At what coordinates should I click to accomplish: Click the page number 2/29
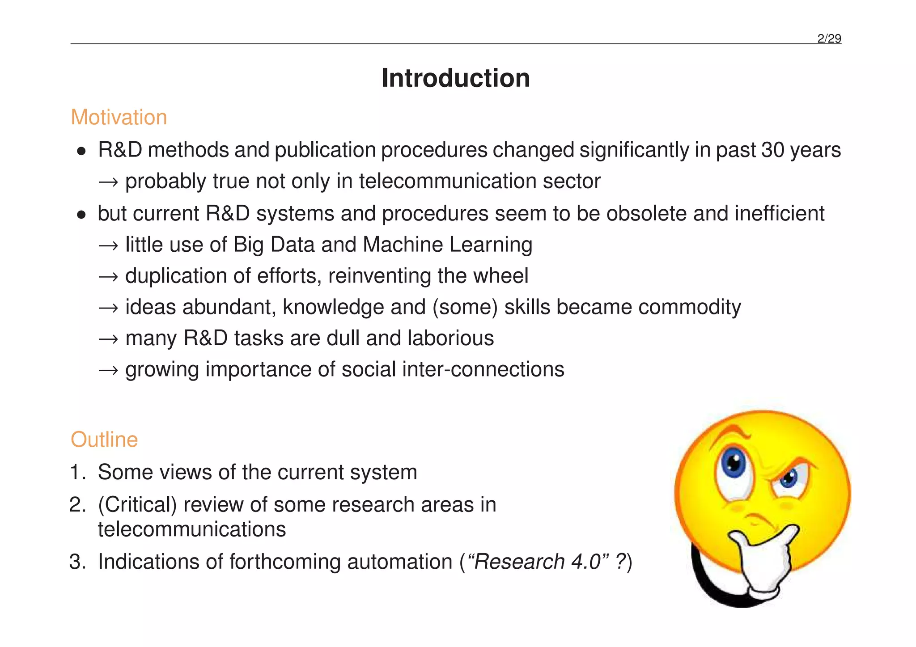coord(829,39)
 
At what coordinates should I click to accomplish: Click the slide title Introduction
coord(455,78)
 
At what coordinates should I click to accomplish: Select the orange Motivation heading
coord(119,118)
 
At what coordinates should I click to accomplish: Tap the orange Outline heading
coord(104,440)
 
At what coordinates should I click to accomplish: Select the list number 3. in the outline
coord(78,562)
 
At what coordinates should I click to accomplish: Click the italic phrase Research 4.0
coord(537,562)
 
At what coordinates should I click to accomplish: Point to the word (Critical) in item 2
coord(137,505)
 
